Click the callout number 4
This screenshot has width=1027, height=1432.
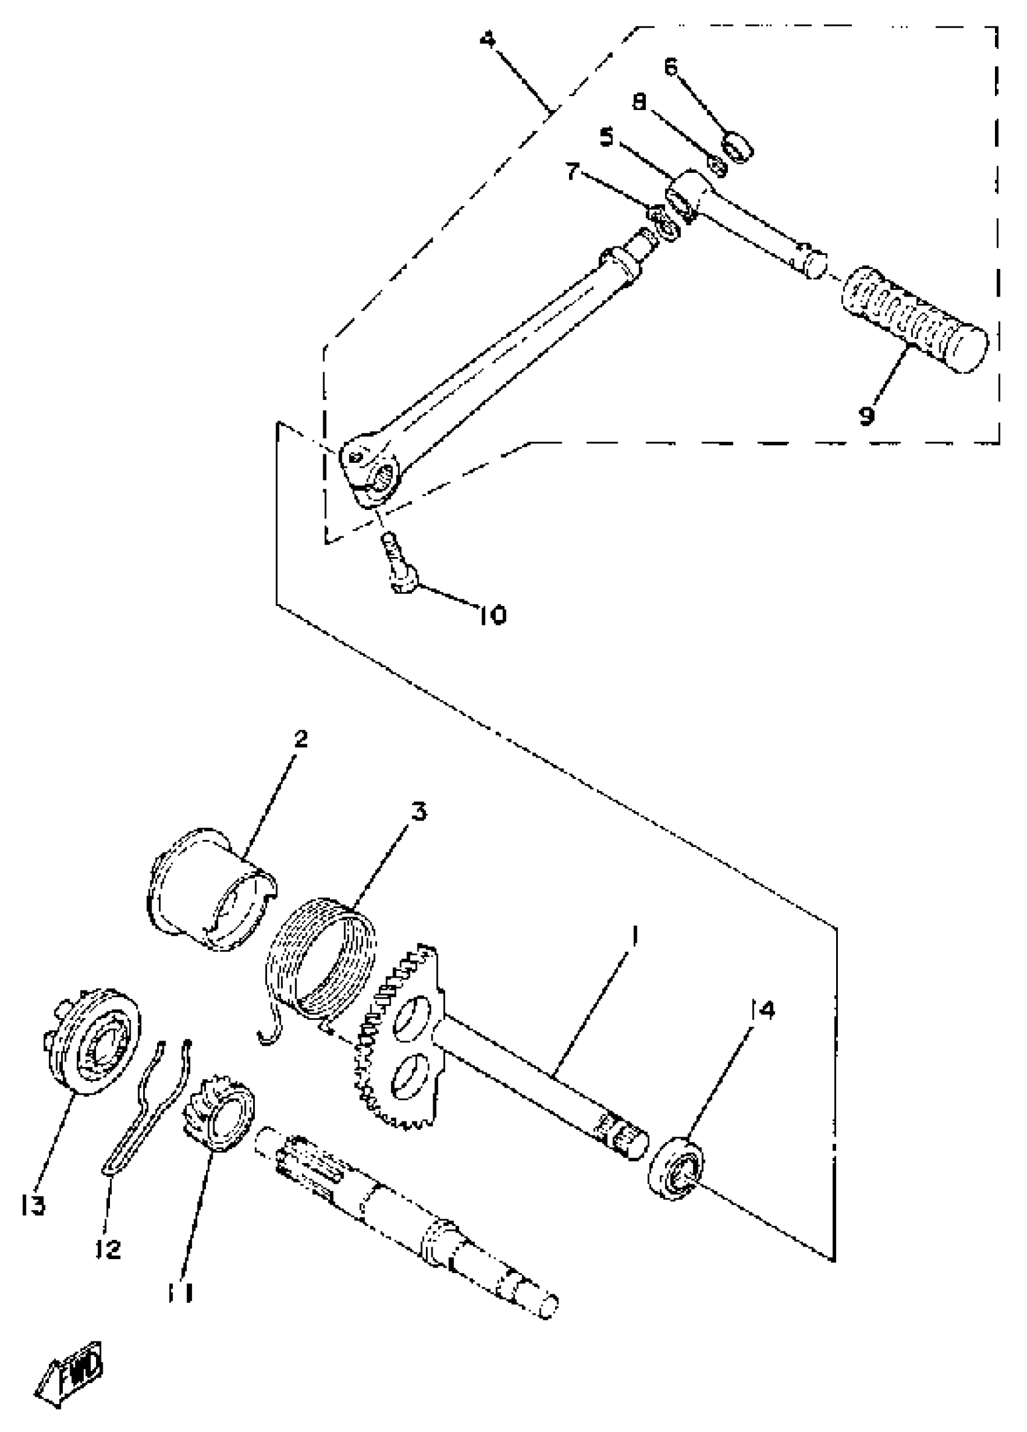pyautogui.click(x=488, y=40)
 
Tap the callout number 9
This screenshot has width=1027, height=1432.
pyautogui.click(x=866, y=415)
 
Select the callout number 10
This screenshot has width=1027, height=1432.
pyautogui.click(x=492, y=614)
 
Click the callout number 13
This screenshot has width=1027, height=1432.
pyautogui.click(x=32, y=1205)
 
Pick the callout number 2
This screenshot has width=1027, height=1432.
pyautogui.click(x=301, y=738)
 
